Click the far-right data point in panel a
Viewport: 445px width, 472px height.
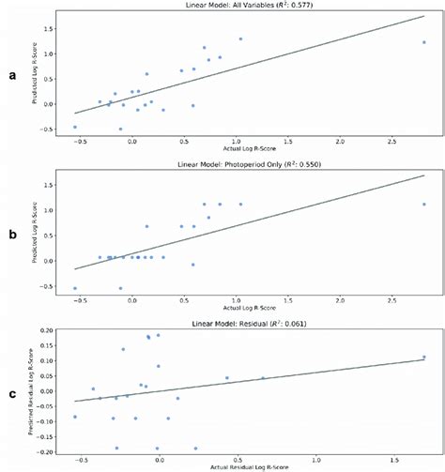424,42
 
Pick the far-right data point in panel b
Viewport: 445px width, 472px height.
424,205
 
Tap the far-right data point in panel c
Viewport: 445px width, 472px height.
424,357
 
